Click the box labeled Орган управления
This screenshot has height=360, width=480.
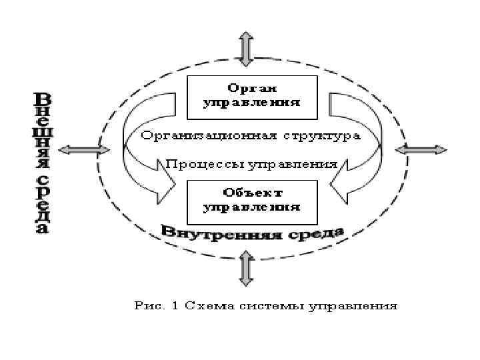251,95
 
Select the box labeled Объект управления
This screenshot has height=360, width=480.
251,199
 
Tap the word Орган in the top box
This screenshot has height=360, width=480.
252,89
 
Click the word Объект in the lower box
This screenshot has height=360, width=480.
251,192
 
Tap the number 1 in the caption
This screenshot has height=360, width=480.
173,307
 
